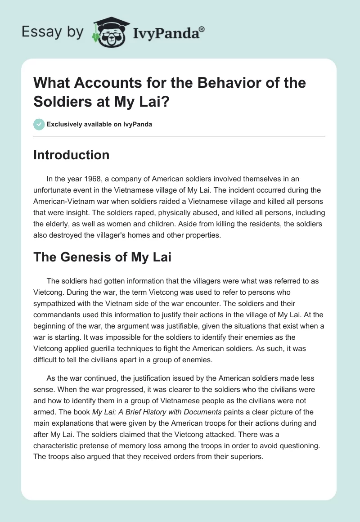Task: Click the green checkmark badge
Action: [x=39, y=124]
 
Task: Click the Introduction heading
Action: [x=71, y=155]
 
